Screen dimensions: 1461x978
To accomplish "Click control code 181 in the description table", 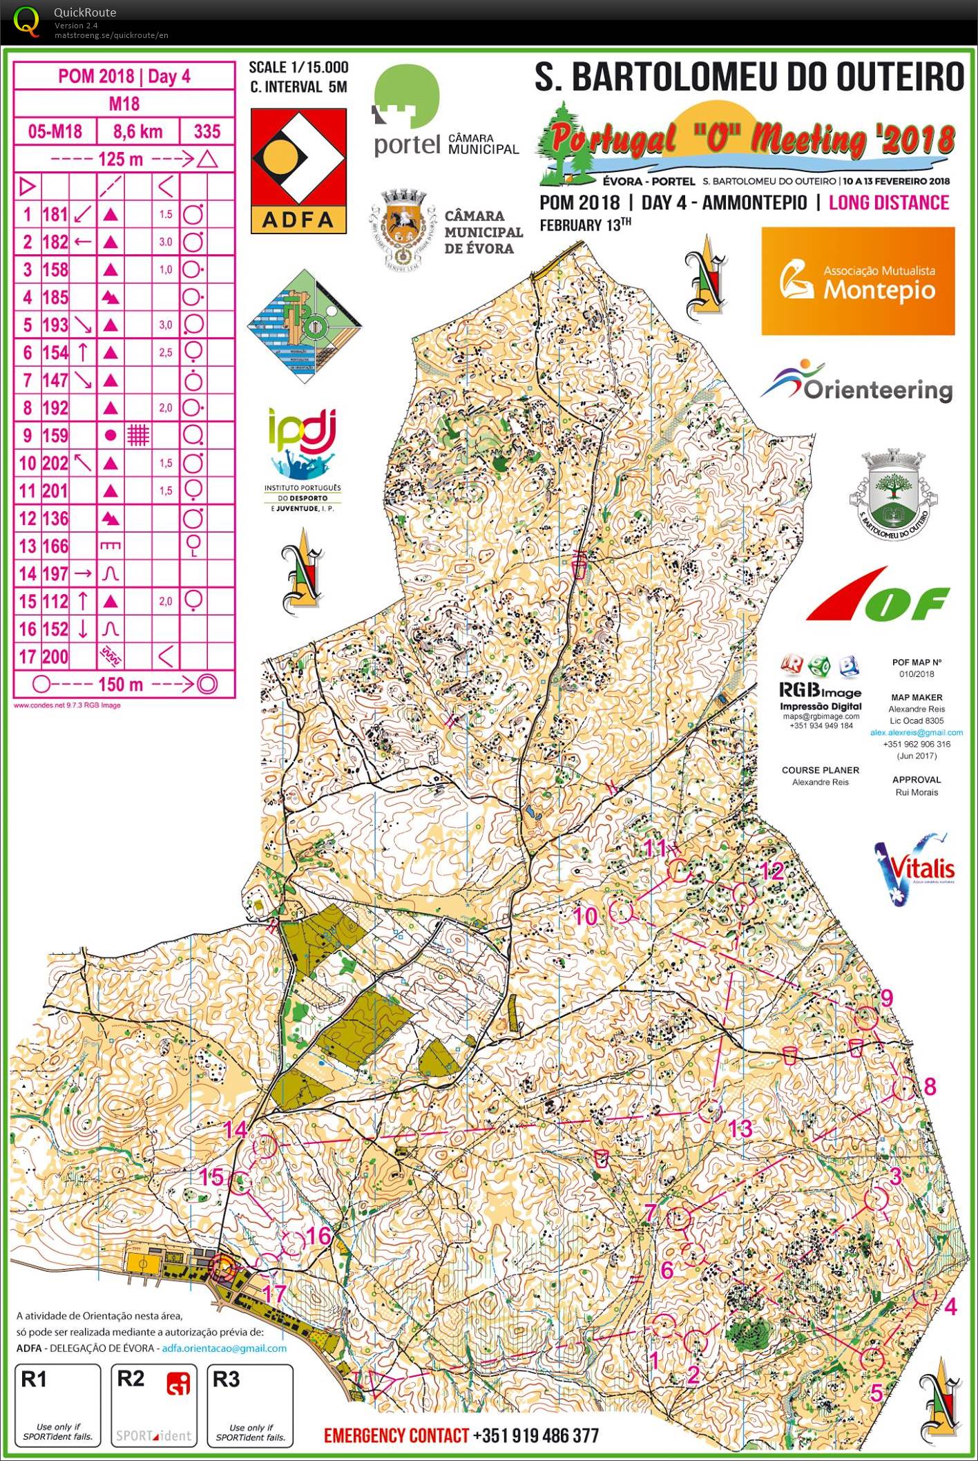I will coord(55,214).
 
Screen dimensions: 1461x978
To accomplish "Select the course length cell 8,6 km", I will coord(138,131).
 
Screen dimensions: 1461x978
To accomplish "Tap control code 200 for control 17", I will coord(55,656).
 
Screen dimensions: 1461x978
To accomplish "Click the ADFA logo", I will coord(298,171).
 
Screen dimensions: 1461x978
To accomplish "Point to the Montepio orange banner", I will coord(858,281).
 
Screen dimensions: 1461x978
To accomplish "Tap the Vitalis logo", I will coord(914,869).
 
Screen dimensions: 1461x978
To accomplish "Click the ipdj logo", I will coord(303,456).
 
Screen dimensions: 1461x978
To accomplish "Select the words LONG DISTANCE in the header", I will coord(888,203).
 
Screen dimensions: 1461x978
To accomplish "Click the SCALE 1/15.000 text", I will coord(298,67).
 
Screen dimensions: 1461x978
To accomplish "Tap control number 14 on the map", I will coord(236,1129).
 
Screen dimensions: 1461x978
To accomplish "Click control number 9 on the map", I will coord(887,997).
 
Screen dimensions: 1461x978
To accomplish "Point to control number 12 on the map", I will coord(772,871).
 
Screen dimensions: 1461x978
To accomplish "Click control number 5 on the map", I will coord(876,1393).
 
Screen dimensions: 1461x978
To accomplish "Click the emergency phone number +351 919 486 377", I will coord(536,1435).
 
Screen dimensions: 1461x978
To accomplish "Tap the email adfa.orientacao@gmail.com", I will coord(224,1348).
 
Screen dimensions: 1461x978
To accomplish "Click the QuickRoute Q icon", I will coord(26,21).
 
